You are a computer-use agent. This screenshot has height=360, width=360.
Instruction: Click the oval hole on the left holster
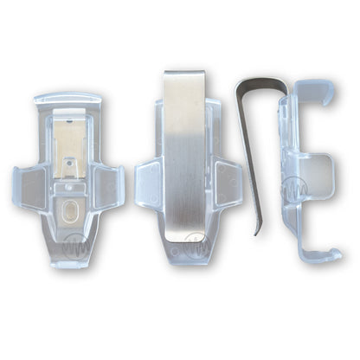click(70, 211)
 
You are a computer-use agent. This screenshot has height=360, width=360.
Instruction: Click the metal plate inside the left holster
click(68, 146)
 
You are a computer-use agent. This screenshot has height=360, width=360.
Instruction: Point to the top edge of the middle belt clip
click(184, 74)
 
